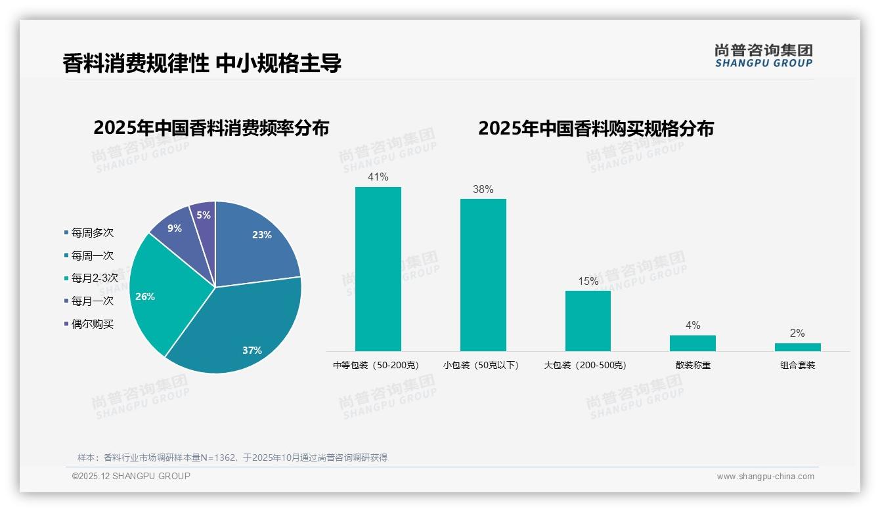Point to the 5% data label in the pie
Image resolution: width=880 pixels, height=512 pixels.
tap(204, 215)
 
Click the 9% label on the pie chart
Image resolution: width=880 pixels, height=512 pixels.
tap(175, 228)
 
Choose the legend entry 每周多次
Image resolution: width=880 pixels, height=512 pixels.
tap(92, 233)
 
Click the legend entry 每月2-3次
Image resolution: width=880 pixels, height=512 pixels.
tap(94, 278)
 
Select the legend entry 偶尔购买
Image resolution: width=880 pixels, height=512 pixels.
tap(92, 324)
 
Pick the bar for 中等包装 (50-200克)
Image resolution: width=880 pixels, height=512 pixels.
tap(378, 269)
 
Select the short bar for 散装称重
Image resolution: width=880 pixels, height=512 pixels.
tap(692, 343)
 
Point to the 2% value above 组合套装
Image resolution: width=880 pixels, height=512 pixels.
tap(797, 333)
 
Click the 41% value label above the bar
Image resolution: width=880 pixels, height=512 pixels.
tap(378, 177)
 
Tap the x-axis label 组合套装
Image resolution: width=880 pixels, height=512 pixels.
tap(797, 366)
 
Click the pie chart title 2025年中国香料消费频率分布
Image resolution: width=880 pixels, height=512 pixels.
tap(211, 128)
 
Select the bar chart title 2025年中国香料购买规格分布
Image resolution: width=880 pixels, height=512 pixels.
tap(596, 129)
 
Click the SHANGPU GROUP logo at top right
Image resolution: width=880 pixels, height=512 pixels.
tap(763, 56)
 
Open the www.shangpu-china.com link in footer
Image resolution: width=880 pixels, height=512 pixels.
tap(765, 477)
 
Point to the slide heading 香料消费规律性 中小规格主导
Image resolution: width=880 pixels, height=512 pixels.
tap(202, 64)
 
